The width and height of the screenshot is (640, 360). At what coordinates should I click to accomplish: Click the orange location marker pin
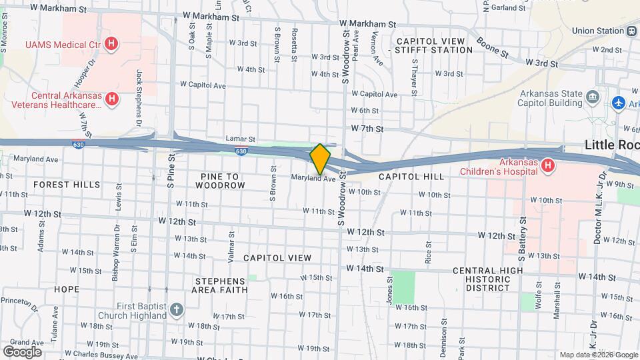320,159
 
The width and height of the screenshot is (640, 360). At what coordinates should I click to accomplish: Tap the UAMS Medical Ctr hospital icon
112,45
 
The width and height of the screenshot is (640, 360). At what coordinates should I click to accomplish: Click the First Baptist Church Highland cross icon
175,309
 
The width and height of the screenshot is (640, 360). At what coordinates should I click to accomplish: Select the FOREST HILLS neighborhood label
67,185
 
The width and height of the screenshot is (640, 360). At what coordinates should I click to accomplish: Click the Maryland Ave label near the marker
313,178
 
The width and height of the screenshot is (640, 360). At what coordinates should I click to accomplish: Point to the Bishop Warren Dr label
115,240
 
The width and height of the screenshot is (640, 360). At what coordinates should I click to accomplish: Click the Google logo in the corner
22,351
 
